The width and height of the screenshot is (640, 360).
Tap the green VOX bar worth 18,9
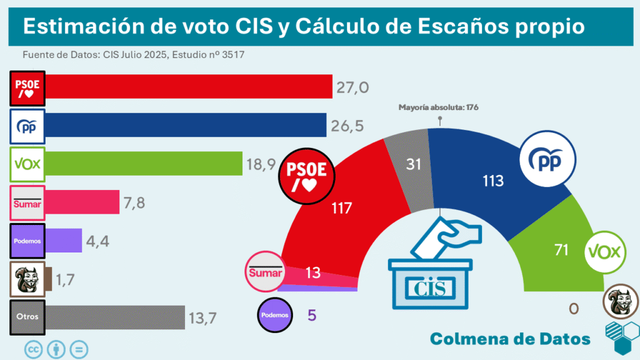(x=144, y=164)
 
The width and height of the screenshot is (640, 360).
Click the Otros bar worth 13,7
(x=116, y=316)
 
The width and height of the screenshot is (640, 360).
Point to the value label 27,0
(x=352, y=87)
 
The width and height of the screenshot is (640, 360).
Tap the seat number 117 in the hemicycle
(x=341, y=208)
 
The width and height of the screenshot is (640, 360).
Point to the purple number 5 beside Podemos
(x=312, y=314)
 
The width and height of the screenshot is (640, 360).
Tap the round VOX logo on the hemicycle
(x=605, y=252)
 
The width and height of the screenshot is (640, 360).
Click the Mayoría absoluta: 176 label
(x=438, y=107)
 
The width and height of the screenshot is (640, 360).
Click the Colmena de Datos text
(x=511, y=338)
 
